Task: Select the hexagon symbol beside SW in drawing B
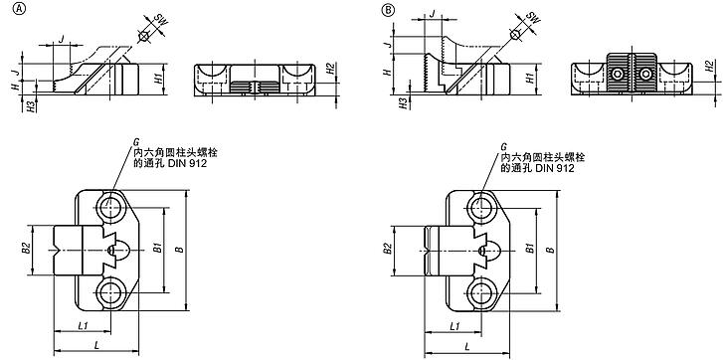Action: point(514,35)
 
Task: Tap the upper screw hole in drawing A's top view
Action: point(109,210)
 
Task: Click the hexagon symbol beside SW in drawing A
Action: point(143,36)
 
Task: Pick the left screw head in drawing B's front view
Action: point(619,74)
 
